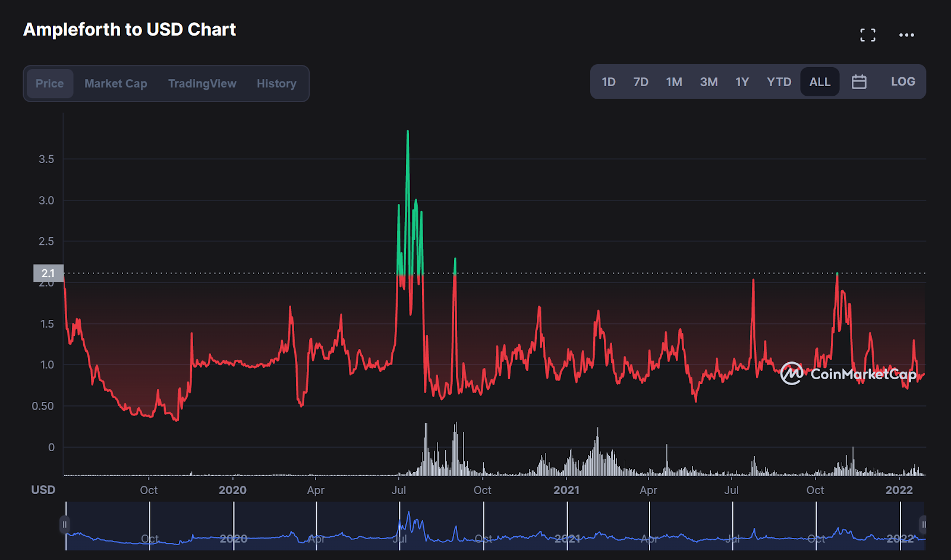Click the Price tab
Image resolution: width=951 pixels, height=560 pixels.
click(49, 83)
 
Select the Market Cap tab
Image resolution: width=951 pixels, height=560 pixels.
click(115, 83)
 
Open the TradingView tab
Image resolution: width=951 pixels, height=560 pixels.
click(202, 83)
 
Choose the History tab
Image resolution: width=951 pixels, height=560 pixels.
click(276, 83)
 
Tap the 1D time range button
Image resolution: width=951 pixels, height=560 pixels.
click(609, 82)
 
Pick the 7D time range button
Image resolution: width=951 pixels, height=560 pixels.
click(641, 82)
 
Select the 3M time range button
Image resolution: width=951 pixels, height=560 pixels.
click(708, 82)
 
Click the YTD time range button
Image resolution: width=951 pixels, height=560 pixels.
click(779, 82)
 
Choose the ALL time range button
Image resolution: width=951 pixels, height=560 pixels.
click(820, 82)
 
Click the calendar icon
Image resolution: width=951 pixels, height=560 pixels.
click(859, 82)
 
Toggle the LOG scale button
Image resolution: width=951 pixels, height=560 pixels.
click(903, 82)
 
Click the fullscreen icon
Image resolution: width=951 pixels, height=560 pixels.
click(868, 35)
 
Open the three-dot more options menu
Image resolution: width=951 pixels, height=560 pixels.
click(906, 35)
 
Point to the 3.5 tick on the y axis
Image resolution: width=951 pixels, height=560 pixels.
click(46, 159)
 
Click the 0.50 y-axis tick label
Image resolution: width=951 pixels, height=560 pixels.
click(43, 406)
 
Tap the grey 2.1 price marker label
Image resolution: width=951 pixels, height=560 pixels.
click(48, 273)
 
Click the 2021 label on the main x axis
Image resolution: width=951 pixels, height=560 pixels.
click(566, 490)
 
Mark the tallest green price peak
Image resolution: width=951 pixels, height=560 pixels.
click(408, 132)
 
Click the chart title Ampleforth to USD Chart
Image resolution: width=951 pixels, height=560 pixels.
click(130, 30)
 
